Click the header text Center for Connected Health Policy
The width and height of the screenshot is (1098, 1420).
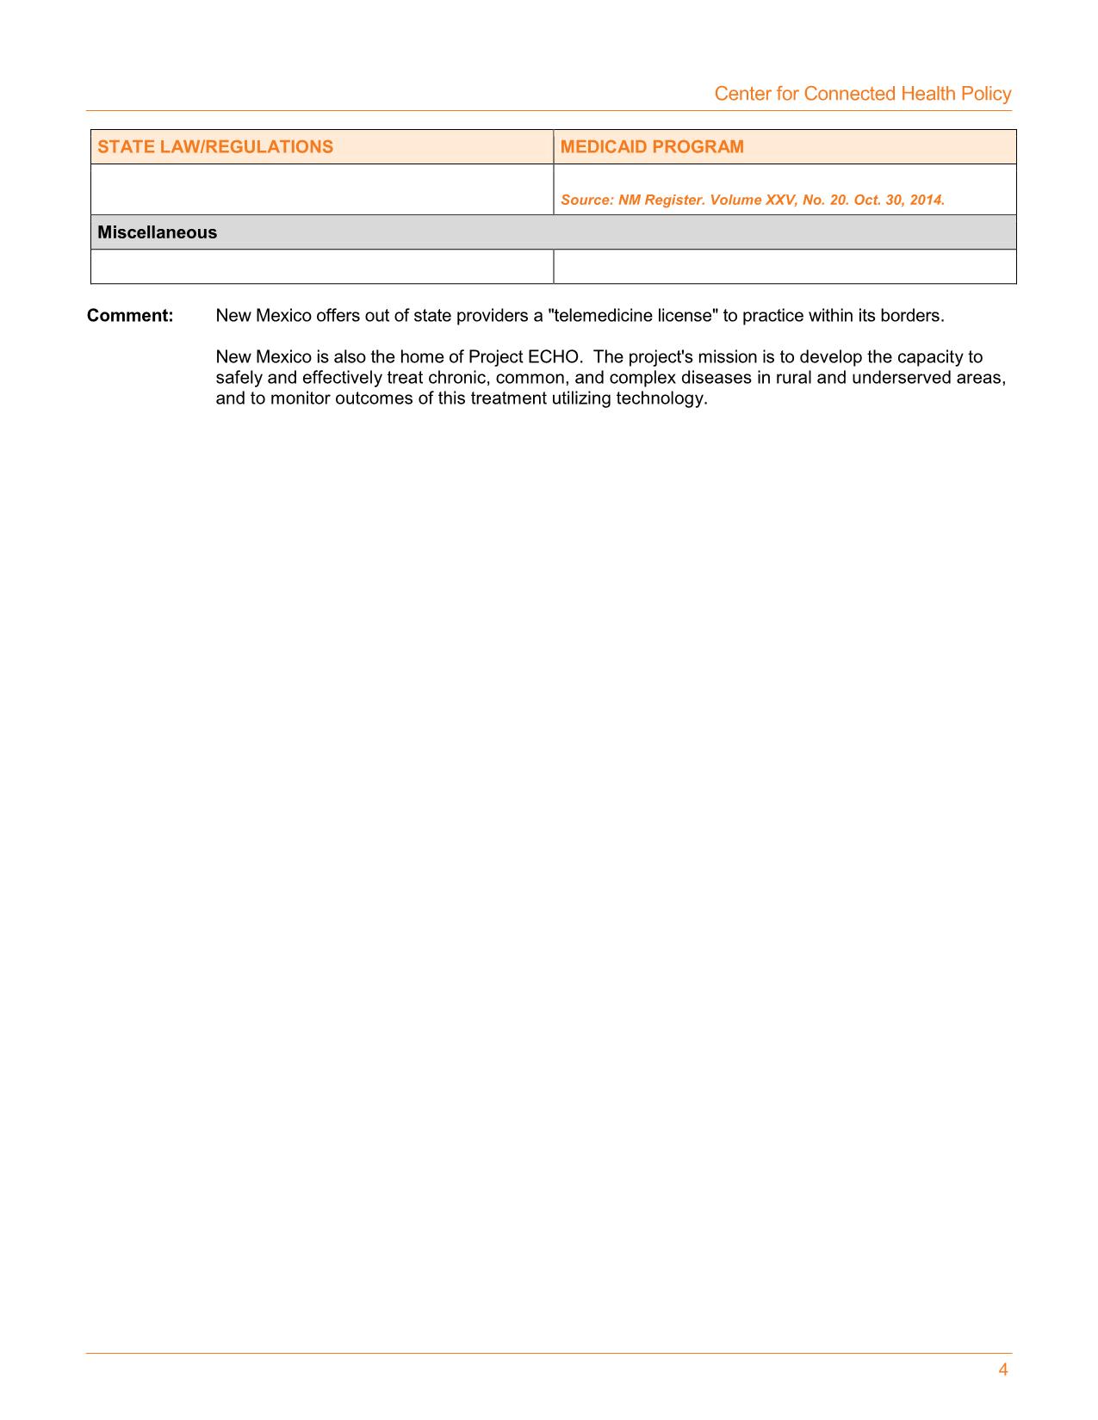coord(862,94)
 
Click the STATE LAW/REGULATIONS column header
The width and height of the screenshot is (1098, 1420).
coord(215,146)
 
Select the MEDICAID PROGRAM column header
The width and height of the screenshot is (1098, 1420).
coord(652,146)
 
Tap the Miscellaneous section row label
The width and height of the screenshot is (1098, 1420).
coord(157,232)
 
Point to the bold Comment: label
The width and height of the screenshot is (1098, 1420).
coord(130,316)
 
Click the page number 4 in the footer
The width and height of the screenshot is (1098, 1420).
coord(1003,1370)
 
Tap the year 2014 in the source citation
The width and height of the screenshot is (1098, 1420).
coord(928,200)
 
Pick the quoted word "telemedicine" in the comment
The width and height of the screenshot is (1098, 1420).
coord(600,316)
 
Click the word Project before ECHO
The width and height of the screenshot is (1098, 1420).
coord(495,357)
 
